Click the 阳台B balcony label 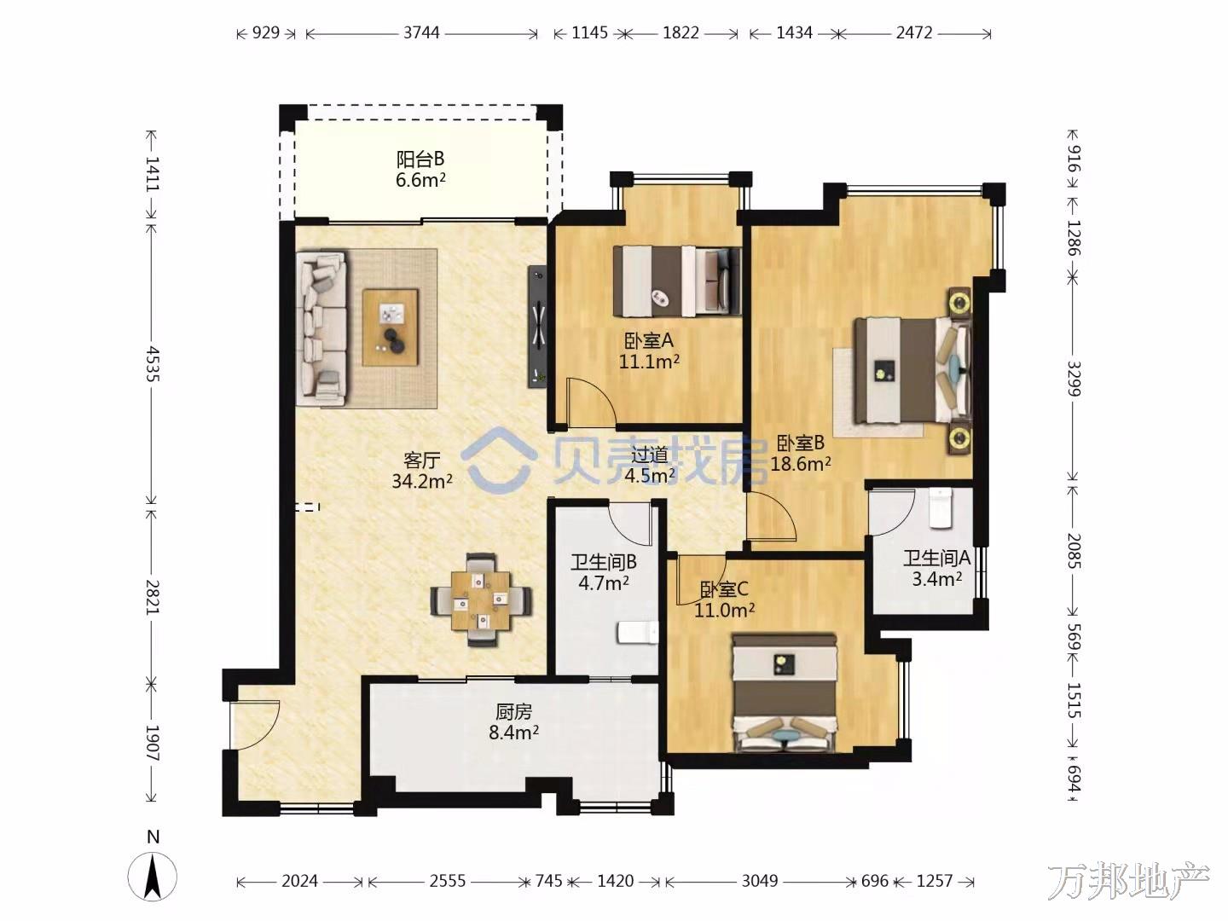coord(420,159)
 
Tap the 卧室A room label coord(649,340)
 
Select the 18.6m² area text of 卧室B coord(801,464)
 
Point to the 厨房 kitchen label coord(513,712)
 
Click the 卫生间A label coord(936,558)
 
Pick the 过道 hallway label coord(649,455)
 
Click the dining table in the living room coord(481,600)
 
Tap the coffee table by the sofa coord(391,327)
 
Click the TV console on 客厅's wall coord(537,327)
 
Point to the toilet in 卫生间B coord(637,633)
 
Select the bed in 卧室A coord(677,281)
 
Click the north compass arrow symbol coord(152,878)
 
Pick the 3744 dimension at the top coord(422,33)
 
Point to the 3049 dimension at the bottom coord(760,881)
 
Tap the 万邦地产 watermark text coord(1128,881)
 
